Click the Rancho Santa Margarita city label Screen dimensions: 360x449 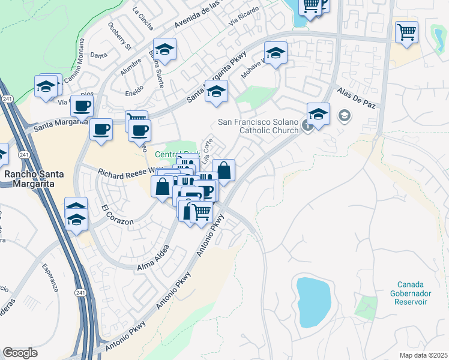tap(33, 178)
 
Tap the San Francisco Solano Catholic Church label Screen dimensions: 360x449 tap(258, 126)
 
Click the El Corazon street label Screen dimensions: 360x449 tap(117, 215)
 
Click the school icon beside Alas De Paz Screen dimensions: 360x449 tap(318, 113)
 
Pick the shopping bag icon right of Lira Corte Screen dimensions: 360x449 tap(223, 170)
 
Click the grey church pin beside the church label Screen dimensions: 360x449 tap(345, 114)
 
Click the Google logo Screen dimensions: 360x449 tap(20, 353)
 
